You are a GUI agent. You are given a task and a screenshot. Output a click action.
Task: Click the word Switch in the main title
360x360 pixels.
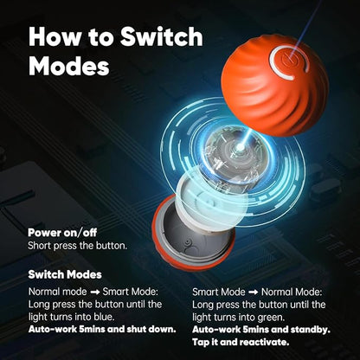(162, 36)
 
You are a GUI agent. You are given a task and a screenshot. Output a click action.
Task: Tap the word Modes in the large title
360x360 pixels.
(69, 66)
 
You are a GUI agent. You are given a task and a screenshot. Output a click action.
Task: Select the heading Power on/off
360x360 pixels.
(62, 233)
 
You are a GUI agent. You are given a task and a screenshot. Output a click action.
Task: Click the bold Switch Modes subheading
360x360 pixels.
(65, 274)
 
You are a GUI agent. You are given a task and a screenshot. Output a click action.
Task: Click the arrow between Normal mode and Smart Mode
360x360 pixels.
(94, 292)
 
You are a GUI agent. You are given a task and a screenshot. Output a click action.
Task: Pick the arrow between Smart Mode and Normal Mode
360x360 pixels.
(253, 292)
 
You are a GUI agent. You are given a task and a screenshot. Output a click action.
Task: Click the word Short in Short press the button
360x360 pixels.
(39, 246)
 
